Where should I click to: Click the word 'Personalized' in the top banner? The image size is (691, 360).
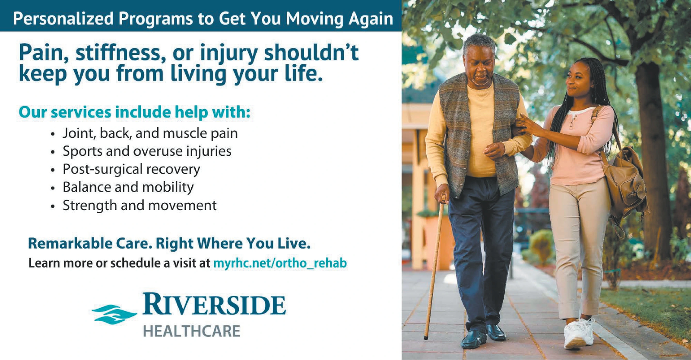[x=63, y=19]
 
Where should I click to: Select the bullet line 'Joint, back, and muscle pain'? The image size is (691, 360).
[x=150, y=133]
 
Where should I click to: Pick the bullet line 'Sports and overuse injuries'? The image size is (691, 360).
[x=147, y=152]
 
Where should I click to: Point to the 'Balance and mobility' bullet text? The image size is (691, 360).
[x=128, y=187]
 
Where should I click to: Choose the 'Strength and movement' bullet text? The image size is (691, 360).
[x=140, y=205]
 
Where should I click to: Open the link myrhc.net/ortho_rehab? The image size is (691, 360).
[x=280, y=263]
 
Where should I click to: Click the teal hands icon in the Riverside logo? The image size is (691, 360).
[x=114, y=314]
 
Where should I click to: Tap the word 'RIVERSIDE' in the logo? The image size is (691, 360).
[x=214, y=304]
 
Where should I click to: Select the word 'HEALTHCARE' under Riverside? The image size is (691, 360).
[x=192, y=332]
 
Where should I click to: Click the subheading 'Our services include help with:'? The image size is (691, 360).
[x=134, y=112]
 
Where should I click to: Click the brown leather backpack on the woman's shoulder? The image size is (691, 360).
[x=624, y=182]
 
